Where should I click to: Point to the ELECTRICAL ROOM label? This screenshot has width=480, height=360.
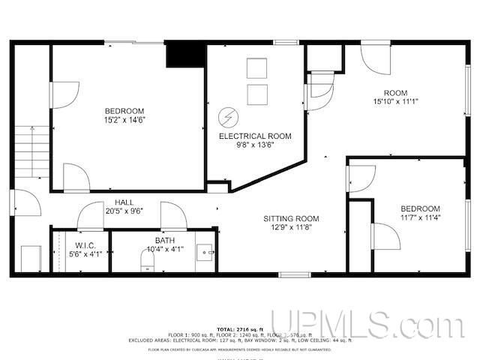255,136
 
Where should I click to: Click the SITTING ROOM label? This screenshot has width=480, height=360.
292,219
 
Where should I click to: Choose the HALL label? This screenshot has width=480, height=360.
124,202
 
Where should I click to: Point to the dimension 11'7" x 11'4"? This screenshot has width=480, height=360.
420,218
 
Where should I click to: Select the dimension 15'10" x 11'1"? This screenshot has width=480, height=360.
395,101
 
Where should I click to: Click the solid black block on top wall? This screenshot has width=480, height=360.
185,54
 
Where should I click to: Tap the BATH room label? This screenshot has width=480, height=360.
163,240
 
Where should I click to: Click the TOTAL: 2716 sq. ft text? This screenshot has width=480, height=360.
240,329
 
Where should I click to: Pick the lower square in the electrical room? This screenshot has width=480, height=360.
257,94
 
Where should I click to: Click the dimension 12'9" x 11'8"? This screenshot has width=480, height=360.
292,229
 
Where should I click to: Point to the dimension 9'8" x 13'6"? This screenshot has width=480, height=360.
255,146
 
